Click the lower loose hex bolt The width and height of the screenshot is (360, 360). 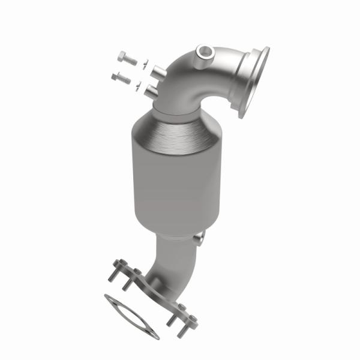click(x=122, y=77)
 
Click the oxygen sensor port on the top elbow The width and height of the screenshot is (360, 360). click(x=206, y=53)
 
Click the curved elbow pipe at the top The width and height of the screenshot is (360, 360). click(x=198, y=78)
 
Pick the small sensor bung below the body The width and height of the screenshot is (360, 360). click(x=201, y=239)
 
